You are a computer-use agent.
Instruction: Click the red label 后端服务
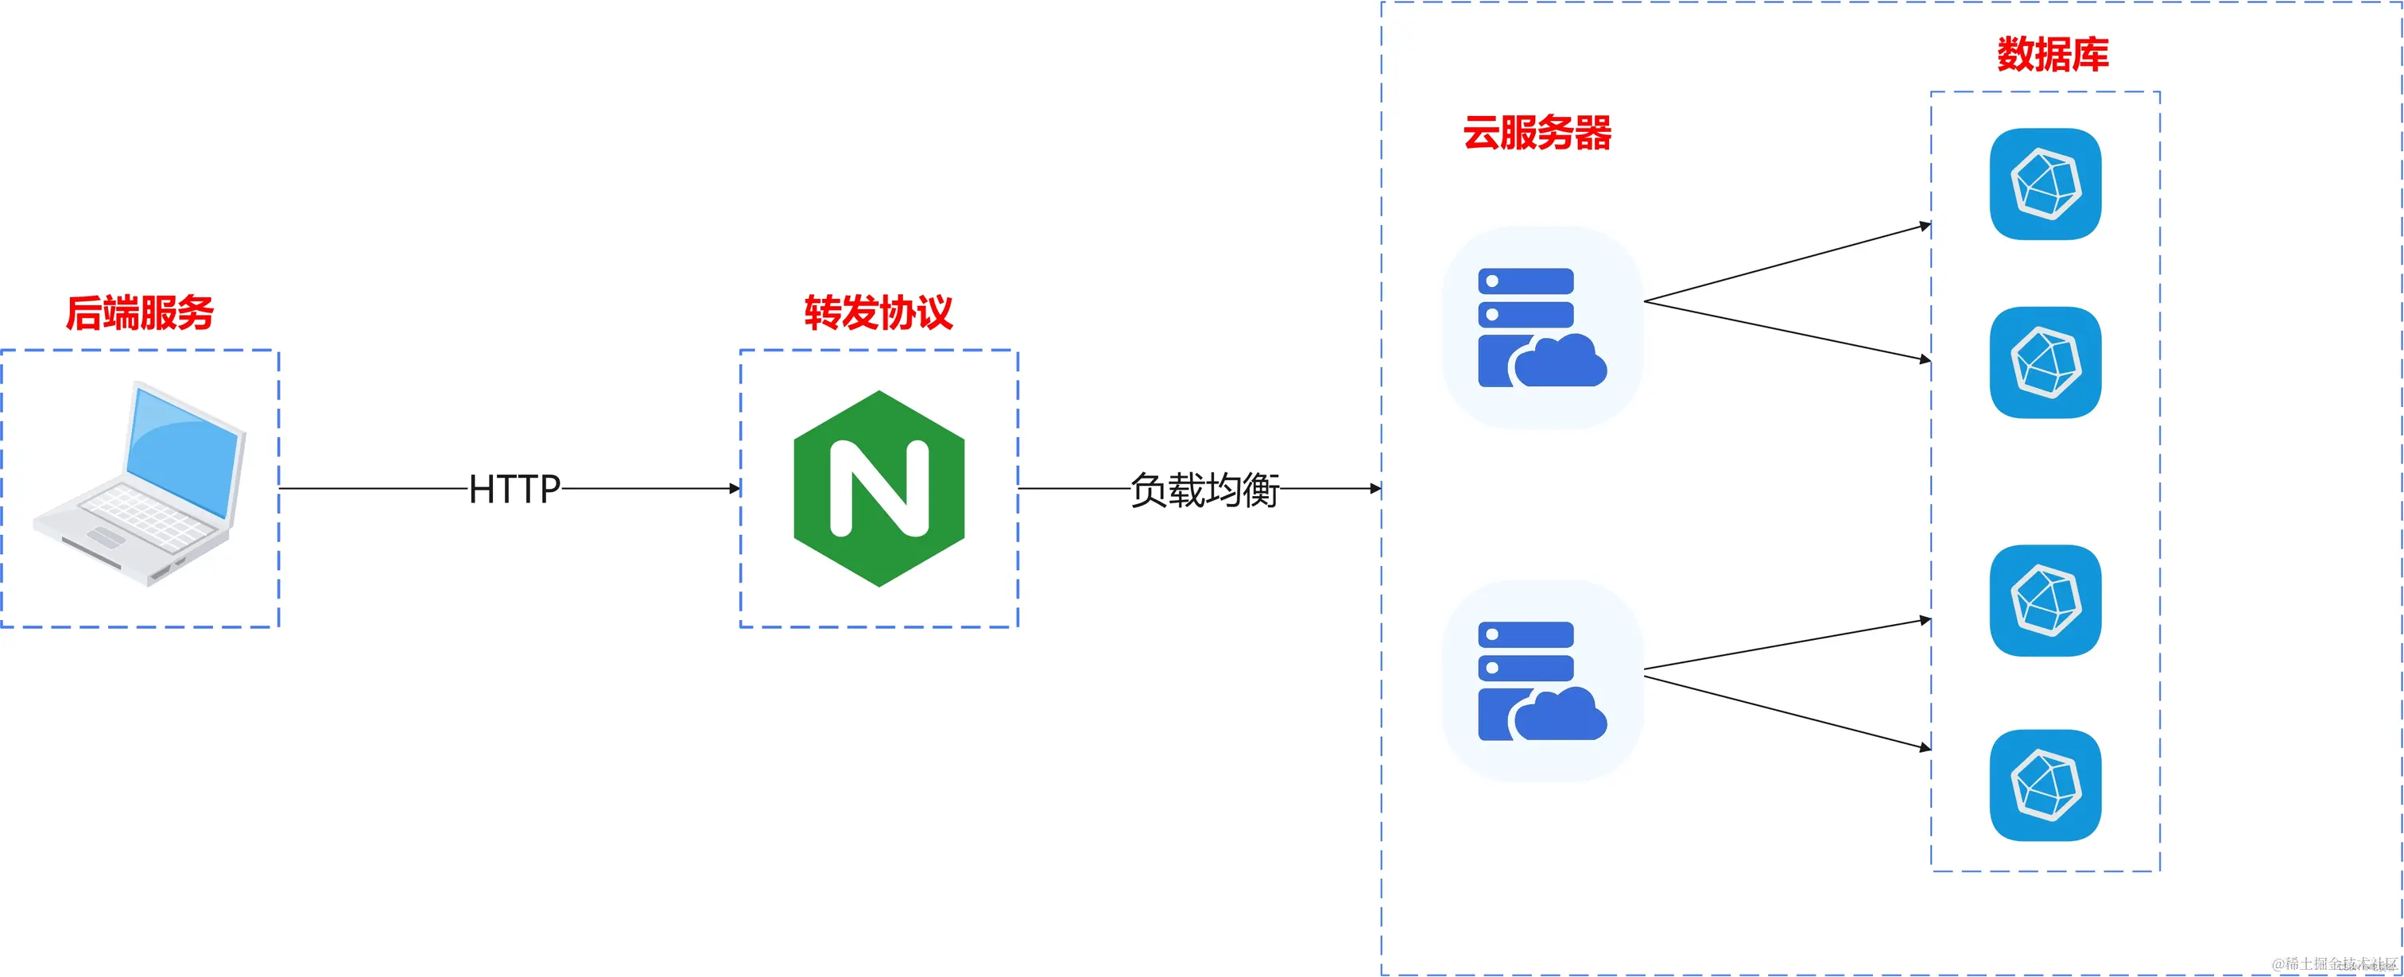coord(140,312)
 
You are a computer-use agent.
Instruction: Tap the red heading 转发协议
coord(878,312)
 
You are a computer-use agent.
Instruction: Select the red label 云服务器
coord(1537,133)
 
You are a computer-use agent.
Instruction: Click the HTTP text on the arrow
coord(514,489)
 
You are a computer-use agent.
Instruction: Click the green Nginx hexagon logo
coord(878,488)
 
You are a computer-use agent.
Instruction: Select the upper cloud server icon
coord(1541,327)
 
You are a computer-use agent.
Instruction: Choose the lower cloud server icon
coord(1541,680)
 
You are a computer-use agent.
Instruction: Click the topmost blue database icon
coord(2045,184)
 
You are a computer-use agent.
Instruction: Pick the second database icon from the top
coord(2045,362)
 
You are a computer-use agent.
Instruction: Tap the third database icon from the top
coord(2045,600)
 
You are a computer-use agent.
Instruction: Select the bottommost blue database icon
coord(2045,785)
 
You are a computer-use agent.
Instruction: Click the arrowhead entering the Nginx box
coord(735,488)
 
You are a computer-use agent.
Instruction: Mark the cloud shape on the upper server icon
coord(1560,361)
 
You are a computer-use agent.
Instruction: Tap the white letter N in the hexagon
coord(878,488)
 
